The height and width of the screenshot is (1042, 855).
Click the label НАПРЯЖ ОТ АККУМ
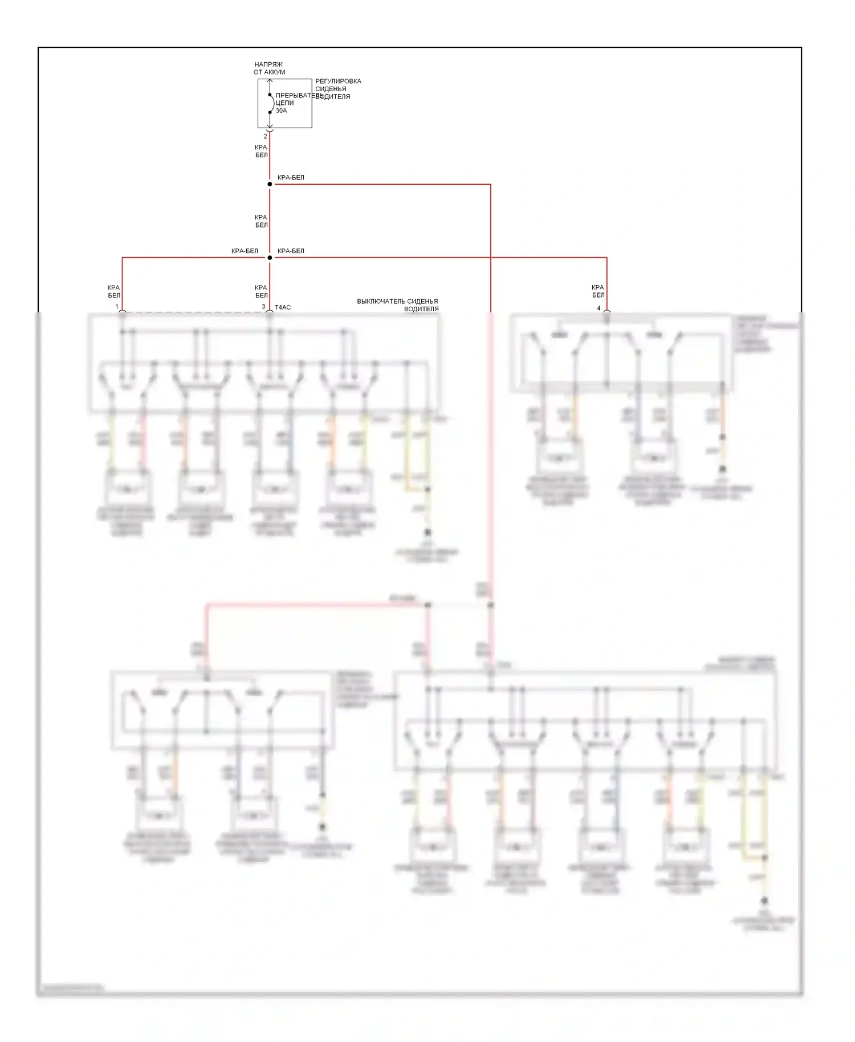click(x=269, y=68)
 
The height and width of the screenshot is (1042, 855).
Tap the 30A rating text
click(x=281, y=111)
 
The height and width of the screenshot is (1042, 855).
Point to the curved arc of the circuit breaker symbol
click(x=272, y=104)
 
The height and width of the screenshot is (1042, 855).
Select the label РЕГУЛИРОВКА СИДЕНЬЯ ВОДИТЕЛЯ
click(x=338, y=89)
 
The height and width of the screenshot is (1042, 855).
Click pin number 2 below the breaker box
click(x=265, y=136)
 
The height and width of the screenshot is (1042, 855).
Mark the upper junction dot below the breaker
click(x=270, y=184)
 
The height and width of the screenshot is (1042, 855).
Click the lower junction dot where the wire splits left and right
click(x=270, y=258)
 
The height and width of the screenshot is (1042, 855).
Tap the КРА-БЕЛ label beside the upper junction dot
click(x=291, y=177)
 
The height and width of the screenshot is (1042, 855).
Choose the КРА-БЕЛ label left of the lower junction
click(x=245, y=251)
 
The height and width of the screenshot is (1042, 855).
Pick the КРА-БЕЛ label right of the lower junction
click(x=291, y=251)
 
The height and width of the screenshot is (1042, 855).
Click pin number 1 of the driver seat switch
click(x=117, y=307)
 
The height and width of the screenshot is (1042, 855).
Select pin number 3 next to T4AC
click(x=263, y=307)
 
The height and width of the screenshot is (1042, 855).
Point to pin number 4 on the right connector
click(x=598, y=308)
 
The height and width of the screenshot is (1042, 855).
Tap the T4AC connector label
click(x=283, y=307)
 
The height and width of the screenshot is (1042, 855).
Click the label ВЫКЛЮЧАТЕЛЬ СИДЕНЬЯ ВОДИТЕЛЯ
click(x=398, y=305)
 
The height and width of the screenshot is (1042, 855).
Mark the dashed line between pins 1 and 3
click(x=194, y=312)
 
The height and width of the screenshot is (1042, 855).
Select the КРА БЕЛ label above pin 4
click(x=598, y=291)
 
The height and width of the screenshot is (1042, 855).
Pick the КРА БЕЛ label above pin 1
click(x=114, y=291)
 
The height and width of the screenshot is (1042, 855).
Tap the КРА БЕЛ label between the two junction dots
click(x=261, y=221)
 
